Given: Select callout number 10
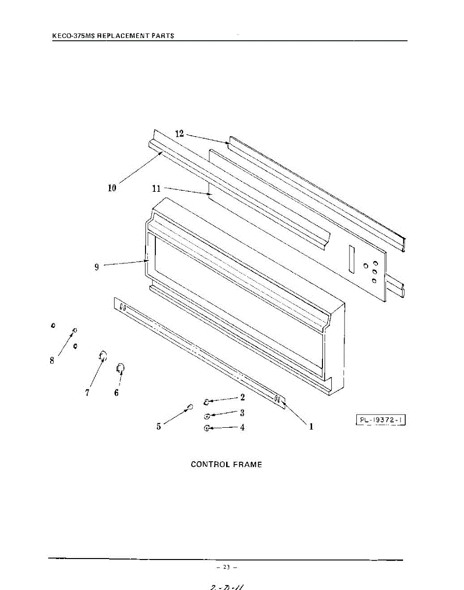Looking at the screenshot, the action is tap(112, 188).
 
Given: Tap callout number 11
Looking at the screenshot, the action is tap(156, 188).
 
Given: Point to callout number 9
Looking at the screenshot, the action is tap(97, 267).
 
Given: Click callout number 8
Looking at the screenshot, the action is tap(52, 360).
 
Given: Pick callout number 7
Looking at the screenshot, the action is tap(87, 393).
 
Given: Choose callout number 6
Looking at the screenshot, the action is tap(116, 393).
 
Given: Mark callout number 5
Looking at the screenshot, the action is tap(159, 426).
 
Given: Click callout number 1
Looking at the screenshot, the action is tap(311, 427).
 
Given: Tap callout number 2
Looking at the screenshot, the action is tap(242, 397).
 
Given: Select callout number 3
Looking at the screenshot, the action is tap(242, 413).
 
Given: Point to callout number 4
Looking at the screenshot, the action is tap(242, 427).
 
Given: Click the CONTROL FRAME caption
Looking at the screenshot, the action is tap(226, 464).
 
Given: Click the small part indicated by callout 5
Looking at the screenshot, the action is tap(189, 406).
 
